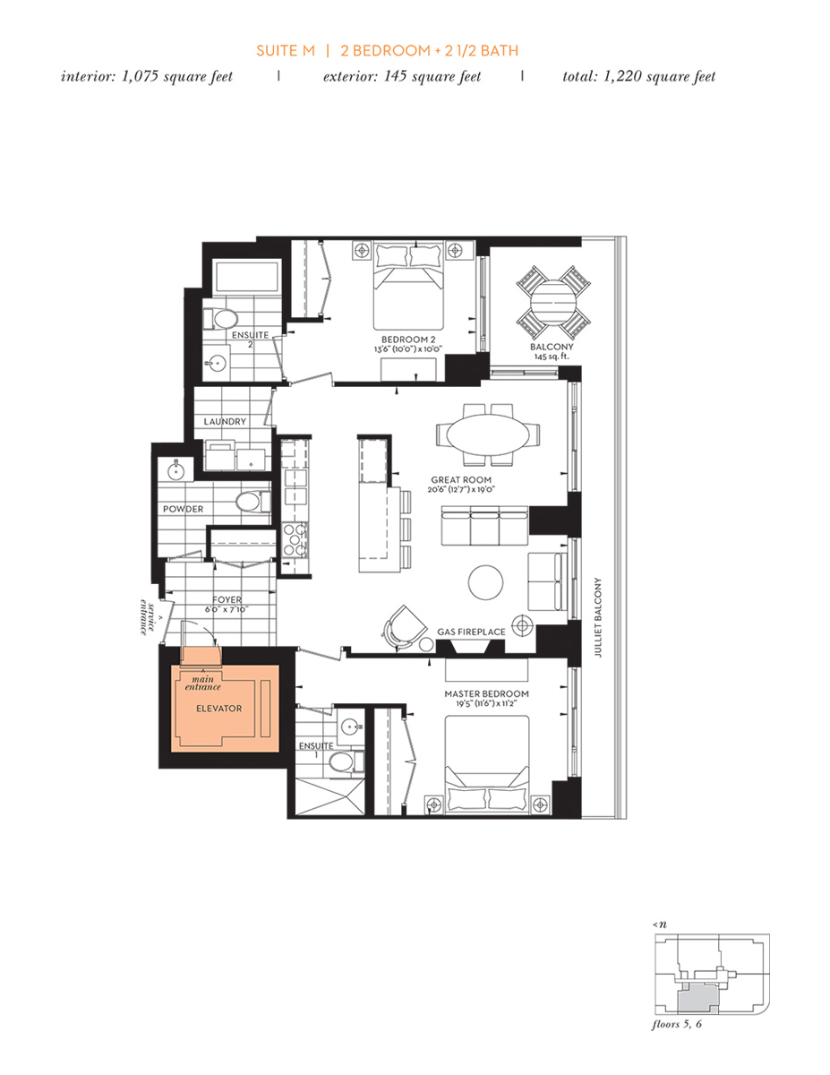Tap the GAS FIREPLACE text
[471, 632]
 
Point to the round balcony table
[552, 301]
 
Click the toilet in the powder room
[250, 502]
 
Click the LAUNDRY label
[225, 421]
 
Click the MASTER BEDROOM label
[486, 693]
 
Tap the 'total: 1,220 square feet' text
[638, 76]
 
